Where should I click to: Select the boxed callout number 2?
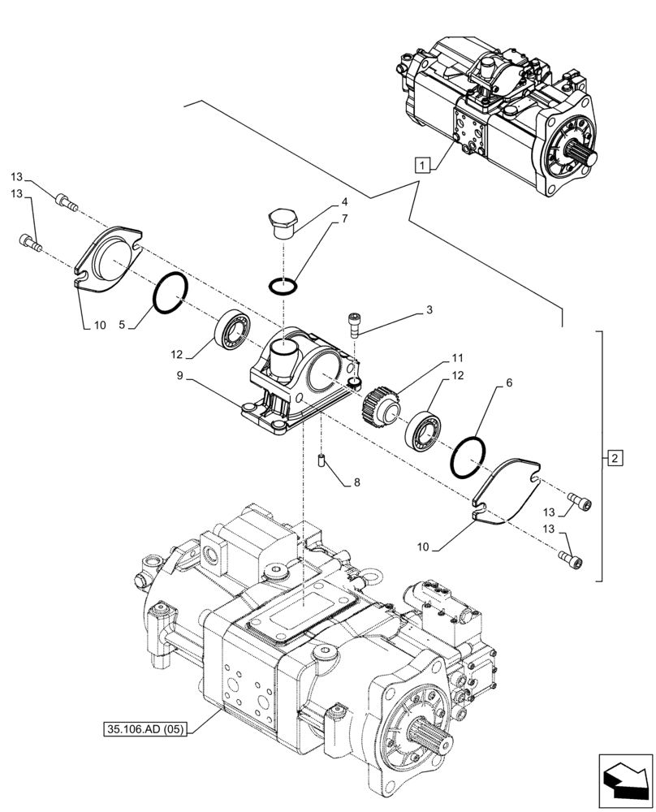click(614, 460)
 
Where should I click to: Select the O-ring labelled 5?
click(171, 292)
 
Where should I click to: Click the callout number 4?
click(344, 201)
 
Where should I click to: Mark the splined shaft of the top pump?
click(585, 155)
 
